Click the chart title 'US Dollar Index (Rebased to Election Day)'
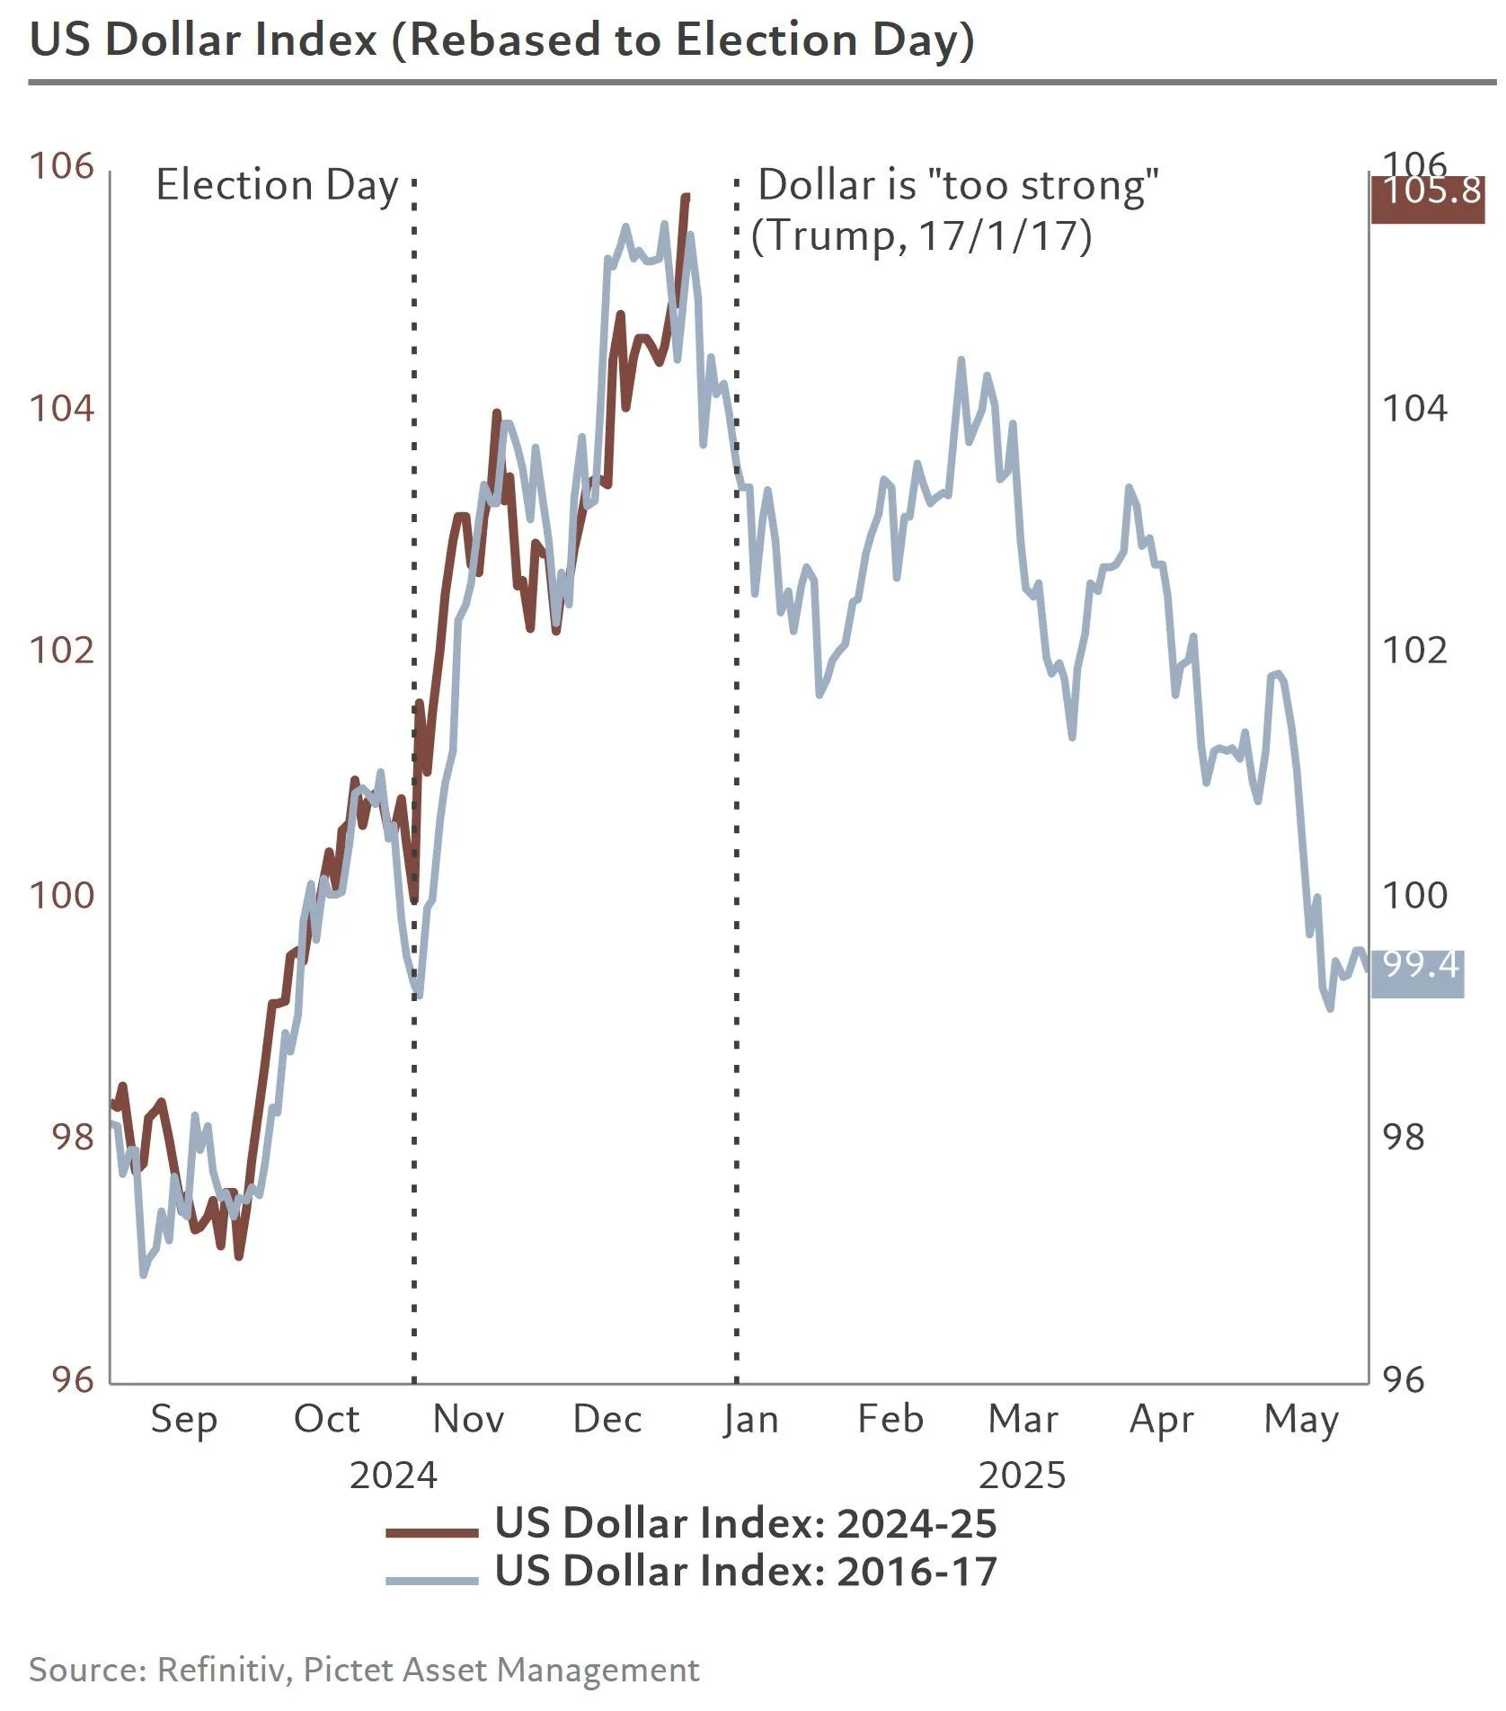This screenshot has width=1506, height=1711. (501, 41)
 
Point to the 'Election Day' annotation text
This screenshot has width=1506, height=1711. (277, 186)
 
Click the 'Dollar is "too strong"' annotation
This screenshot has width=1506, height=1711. (958, 186)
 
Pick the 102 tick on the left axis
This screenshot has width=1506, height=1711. (61, 650)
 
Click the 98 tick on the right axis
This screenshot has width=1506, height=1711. (1404, 1138)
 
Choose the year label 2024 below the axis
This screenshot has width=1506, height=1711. (393, 1476)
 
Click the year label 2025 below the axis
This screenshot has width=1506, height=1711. (1022, 1476)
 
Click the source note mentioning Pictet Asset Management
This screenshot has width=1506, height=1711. (364, 1670)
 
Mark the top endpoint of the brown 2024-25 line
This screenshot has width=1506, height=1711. (687, 196)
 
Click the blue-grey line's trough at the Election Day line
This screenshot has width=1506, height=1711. (417, 994)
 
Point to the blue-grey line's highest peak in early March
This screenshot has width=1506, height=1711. (961, 360)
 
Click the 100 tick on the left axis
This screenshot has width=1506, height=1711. (61, 895)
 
